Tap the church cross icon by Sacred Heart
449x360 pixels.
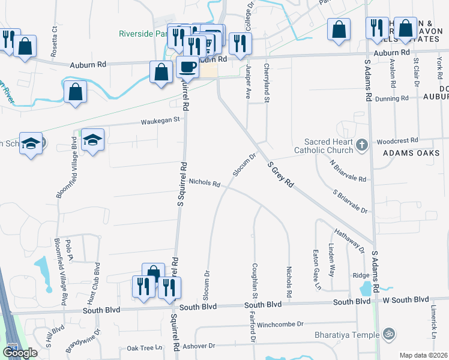[x=361, y=145]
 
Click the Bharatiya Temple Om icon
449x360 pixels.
[x=388, y=333]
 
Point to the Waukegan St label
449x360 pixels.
[x=160, y=120]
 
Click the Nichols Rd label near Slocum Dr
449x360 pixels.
[x=204, y=182]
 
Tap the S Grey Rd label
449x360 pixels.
[x=280, y=175]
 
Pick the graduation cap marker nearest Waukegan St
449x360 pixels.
[x=92, y=140]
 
